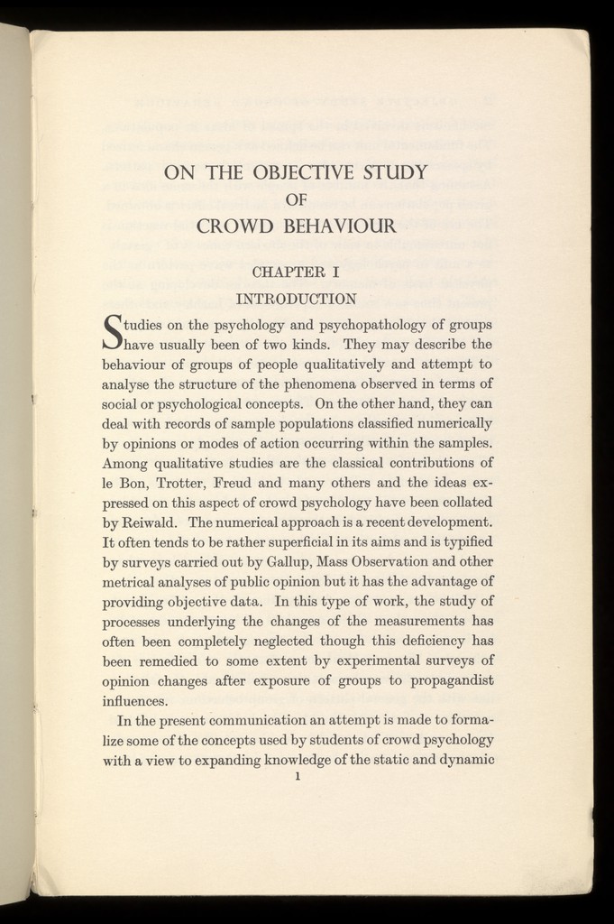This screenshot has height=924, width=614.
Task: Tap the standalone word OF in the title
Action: tap(296, 200)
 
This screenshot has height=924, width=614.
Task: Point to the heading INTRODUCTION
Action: tap(295, 298)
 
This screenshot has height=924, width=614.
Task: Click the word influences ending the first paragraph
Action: tap(134, 700)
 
